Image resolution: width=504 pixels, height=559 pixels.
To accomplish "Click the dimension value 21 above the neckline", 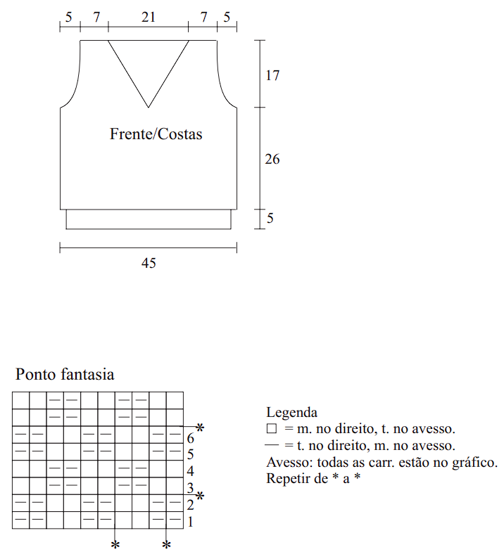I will coord(148,17).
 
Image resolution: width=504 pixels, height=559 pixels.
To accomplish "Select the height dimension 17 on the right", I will coord(272,75).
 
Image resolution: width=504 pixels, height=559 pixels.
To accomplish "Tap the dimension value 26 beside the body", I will coord(272,159).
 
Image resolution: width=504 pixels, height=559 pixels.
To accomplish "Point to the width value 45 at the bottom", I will coord(149,264).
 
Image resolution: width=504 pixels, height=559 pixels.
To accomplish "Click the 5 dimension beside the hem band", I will coord(270,219).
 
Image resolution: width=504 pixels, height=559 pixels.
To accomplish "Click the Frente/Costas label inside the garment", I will coord(156,134).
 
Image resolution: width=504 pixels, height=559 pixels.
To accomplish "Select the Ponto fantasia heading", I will coord(65,373).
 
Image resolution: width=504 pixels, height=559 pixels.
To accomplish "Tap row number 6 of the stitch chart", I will coord(190,437).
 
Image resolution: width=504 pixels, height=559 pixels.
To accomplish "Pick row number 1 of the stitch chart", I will coord(190,522).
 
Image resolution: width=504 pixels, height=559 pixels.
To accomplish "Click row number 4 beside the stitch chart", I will coord(190,471).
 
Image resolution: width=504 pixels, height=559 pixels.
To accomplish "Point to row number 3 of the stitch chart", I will coord(190,488).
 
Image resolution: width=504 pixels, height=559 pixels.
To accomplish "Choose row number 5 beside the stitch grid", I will coord(190,454).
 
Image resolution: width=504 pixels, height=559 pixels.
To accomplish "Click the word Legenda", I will coord(291,413).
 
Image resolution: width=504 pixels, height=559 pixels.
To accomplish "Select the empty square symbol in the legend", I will coord(272,428).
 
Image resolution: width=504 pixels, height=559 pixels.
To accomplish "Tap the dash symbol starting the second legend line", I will coord(272,445).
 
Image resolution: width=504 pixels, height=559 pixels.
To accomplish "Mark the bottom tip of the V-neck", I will coord(148,107).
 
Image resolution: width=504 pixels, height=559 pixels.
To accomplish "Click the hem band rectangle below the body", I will coord(149,219).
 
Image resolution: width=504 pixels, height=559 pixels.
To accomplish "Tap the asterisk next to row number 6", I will coord(200,428).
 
